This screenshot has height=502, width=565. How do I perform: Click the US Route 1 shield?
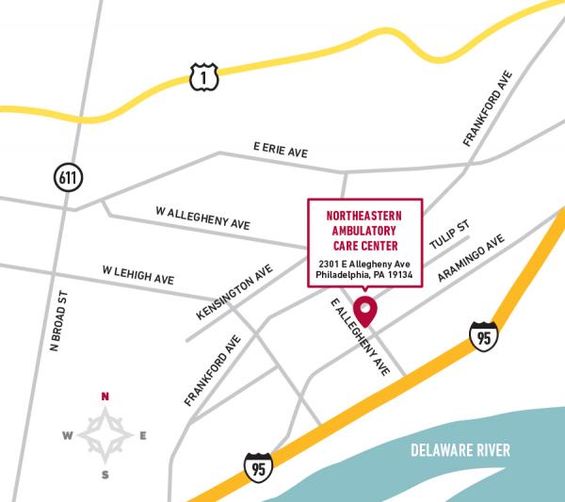coord(203,77)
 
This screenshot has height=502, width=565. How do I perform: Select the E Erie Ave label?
coord(281,150)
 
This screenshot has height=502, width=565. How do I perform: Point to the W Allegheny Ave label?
coord(202,219)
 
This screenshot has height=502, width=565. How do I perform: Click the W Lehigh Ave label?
coord(137,275)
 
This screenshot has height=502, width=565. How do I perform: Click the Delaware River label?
coord(460,450)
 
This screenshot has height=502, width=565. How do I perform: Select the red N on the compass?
coord(105,397)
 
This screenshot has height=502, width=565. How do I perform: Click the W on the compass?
coord(67,435)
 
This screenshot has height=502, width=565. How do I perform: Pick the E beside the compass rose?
coord(143,435)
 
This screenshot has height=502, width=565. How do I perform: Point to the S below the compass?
coord(105,474)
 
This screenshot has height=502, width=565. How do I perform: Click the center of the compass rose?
coord(105,435)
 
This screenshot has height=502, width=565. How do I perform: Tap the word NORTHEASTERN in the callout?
coord(364,215)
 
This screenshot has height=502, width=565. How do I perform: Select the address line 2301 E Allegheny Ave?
coord(364,263)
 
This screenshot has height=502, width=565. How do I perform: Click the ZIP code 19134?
coord(400,276)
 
